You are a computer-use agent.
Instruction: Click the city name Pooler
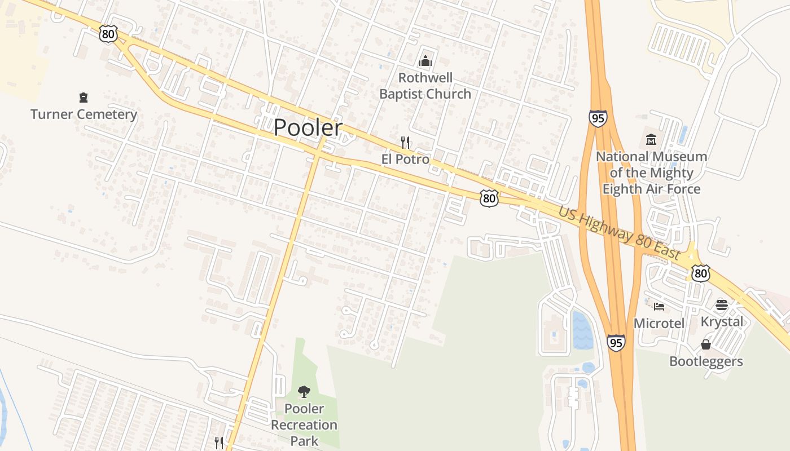pyautogui.click(x=308, y=128)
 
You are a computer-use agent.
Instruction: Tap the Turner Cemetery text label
pyautogui.click(x=84, y=114)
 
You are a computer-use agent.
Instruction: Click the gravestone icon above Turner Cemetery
pyautogui.click(x=84, y=98)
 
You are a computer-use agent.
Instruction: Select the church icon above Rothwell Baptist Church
pyautogui.click(x=425, y=61)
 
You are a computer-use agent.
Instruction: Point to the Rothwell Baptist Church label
pyautogui.click(x=425, y=86)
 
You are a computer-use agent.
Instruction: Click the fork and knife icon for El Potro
pyautogui.click(x=405, y=142)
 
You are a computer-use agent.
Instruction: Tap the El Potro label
pyautogui.click(x=405, y=160)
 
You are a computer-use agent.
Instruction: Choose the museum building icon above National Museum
pyautogui.click(x=651, y=139)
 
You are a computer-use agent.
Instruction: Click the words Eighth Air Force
pyautogui.click(x=651, y=189)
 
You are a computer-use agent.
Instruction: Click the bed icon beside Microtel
pyautogui.click(x=659, y=307)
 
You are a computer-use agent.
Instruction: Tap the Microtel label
pyautogui.click(x=659, y=324)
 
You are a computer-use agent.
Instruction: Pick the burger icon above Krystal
pyautogui.click(x=721, y=305)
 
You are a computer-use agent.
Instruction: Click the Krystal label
pyautogui.click(x=721, y=321)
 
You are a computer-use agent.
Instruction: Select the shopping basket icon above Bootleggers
pyautogui.click(x=705, y=344)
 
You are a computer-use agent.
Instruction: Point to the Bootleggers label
pyautogui.click(x=706, y=361)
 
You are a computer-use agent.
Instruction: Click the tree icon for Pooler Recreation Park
pyautogui.click(x=304, y=391)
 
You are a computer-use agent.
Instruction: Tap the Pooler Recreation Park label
pyautogui.click(x=304, y=425)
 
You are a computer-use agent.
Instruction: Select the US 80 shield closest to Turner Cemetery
pyautogui.click(x=108, y=34)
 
